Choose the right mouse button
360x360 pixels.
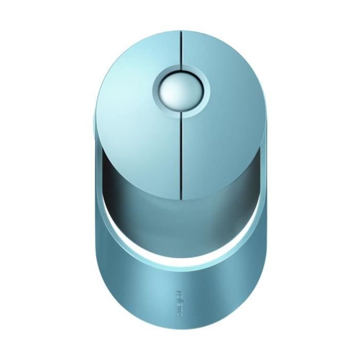click(x=225, y=117)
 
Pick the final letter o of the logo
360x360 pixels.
click(x=179, y=313)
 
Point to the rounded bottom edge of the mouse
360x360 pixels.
click(x=180, y=343)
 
